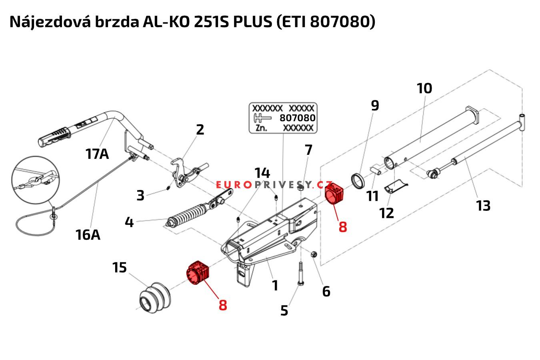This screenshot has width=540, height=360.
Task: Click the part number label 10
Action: (424, 88)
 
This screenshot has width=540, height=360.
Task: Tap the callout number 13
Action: (483, 206)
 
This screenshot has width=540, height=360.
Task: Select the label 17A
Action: (97, 153)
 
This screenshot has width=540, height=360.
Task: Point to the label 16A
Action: (88, 234)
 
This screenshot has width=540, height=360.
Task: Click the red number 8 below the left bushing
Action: (223, 304)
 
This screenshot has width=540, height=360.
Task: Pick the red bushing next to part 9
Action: (335, 193)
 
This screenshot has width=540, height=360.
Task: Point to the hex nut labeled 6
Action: (314, 254)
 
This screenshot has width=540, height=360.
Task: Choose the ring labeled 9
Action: (358, 180)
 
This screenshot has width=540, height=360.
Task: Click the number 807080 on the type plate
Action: (297, 118)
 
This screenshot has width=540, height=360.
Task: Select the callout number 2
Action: (200, 129)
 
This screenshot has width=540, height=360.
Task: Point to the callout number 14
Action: (262, 173)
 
